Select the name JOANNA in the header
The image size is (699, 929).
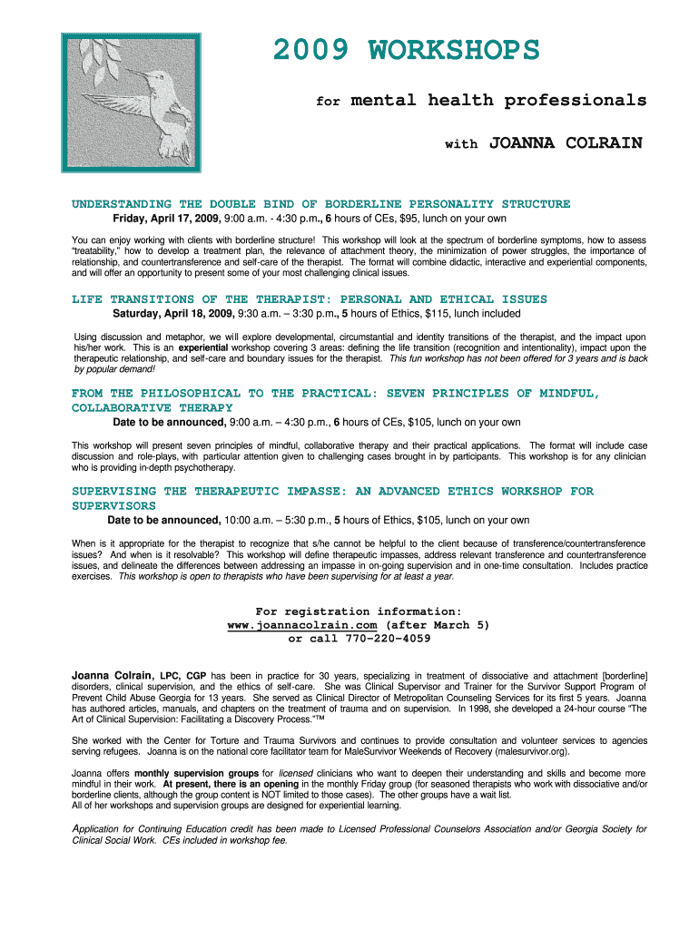pyautogui.click(x=522, y=143)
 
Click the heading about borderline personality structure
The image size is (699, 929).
pyautogui.click(x=320, y=204)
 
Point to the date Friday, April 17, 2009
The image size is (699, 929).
pyautogui.click(x=168, y=219)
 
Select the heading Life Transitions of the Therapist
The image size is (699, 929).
pyautogui.click(x=309, y=299)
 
